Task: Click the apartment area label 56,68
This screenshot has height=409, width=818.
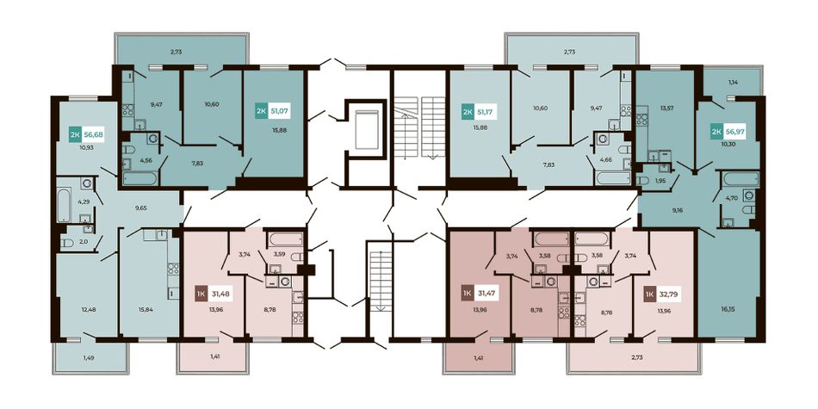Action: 94,134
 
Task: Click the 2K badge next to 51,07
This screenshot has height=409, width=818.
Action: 260,110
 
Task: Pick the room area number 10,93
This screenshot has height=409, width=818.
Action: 86,147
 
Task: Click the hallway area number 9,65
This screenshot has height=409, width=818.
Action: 140,208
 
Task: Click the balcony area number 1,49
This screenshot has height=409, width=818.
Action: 90,357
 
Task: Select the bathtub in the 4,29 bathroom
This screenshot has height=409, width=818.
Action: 64,205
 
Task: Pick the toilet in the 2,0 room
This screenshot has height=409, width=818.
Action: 67,243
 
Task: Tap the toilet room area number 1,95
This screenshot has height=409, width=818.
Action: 660,181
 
